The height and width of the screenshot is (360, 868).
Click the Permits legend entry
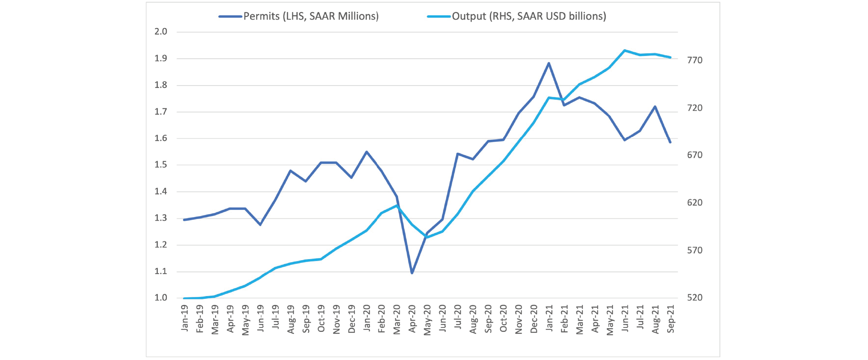click(299, 16)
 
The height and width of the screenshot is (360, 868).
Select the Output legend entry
click(517, 16)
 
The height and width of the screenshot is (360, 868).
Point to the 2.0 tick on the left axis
click(161, 32)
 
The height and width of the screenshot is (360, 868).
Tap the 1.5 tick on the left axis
click(161, 165)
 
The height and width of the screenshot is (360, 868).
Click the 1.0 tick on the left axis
click(161, 298)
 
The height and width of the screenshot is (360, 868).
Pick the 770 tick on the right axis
click(695, 60)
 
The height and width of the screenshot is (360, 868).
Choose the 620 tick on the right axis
click(695, 203)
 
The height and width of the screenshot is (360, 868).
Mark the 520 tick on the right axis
click(695, 298)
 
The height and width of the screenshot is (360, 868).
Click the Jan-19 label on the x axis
click(185, 318)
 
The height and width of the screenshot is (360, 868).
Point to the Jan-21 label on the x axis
click(549, 318)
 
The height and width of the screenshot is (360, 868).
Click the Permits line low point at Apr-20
click(412, 273)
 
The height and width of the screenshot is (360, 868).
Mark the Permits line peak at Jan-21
click(549, 63)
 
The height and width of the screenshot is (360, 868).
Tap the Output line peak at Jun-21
click(624, 51)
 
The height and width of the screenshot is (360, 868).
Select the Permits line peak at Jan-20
click(366, 152)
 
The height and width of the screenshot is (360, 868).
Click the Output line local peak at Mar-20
click(397, 205)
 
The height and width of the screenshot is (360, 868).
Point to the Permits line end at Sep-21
click(670, 142)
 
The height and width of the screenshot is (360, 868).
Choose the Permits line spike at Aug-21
click(655, 107)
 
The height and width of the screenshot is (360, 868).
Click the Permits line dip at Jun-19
click(260, 225)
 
